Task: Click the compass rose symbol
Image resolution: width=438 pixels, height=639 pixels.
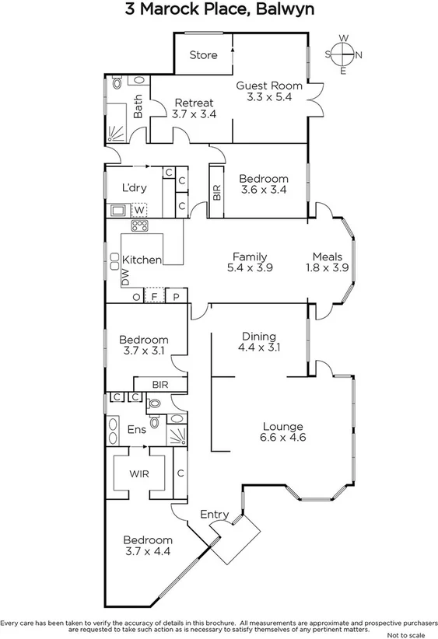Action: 343,54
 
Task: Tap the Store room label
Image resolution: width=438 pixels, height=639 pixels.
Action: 204,55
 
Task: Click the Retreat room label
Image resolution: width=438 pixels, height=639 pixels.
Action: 194,103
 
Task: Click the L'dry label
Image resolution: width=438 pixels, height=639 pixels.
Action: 135,187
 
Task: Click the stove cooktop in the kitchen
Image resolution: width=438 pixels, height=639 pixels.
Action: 141,226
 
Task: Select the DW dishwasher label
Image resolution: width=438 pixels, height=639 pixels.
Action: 124,278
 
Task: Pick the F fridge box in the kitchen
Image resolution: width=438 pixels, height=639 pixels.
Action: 156,296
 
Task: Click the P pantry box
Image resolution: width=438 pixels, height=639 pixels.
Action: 177,296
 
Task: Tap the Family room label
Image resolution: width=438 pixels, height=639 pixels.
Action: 250,257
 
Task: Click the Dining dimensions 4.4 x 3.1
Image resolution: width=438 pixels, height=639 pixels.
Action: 258,347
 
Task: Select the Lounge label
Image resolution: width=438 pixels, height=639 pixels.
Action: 282,426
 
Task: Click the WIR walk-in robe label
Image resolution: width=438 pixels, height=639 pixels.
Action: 139,473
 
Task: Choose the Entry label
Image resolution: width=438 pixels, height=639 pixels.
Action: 214,514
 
